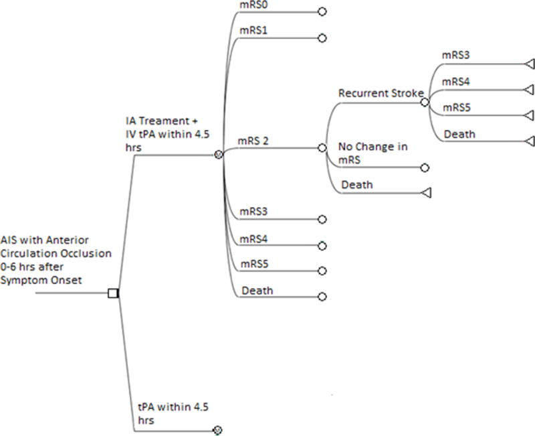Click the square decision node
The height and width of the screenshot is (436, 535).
pos(113,293)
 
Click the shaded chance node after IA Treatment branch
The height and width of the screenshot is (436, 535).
pos(218,155)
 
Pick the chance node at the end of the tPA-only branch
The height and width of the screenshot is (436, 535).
pos(217,429)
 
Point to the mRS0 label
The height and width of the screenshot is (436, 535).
pos(253,5)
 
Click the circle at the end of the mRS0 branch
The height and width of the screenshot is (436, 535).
pos(322,12)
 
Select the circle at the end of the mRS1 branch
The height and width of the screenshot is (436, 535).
pos(322,38)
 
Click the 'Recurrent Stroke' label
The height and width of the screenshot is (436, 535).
pos(380,93)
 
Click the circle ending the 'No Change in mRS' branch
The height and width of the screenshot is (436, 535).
pos(425,168)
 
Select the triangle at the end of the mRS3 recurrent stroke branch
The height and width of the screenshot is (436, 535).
pos(529,64)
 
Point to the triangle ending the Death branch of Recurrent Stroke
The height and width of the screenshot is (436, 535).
pos(529,141)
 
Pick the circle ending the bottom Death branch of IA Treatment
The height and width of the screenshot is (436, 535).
pos(322,297)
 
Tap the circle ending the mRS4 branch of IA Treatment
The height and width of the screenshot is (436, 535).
pos(322,245)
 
